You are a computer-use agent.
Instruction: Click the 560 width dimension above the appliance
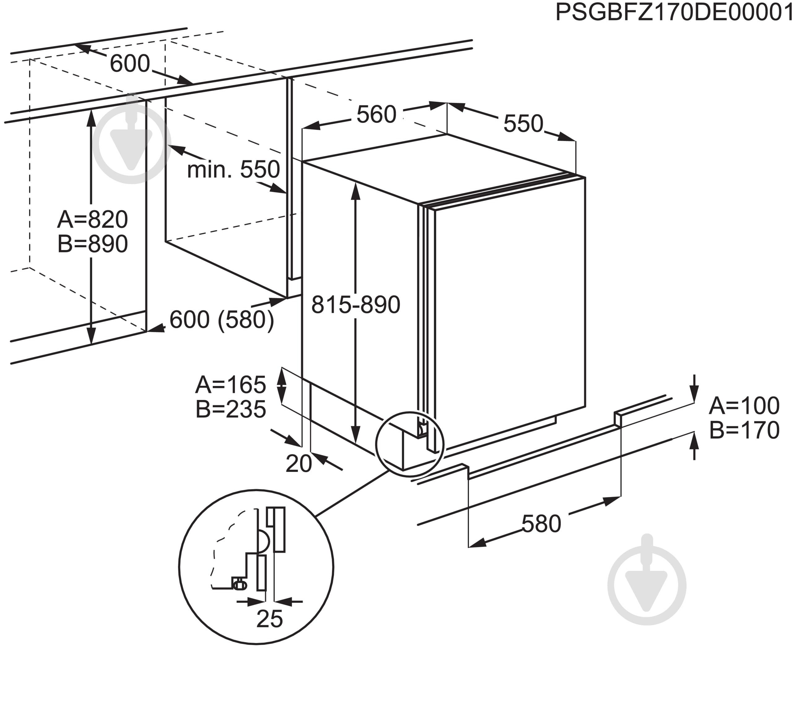coord(377,115)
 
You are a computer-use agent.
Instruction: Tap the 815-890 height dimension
coord(355,305)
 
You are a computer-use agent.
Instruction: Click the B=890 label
coord(93,244)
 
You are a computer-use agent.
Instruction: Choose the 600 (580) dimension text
coord(222,320)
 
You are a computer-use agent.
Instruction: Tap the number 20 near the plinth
coord(299,464)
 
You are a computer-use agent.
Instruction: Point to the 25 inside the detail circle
coord(269,619)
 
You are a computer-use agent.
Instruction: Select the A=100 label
coord(744,406)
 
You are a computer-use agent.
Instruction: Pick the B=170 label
coord(744,430)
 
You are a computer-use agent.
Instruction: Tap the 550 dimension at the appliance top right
coord(523,124)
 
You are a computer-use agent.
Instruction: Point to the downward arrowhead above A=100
coord(695,394)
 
